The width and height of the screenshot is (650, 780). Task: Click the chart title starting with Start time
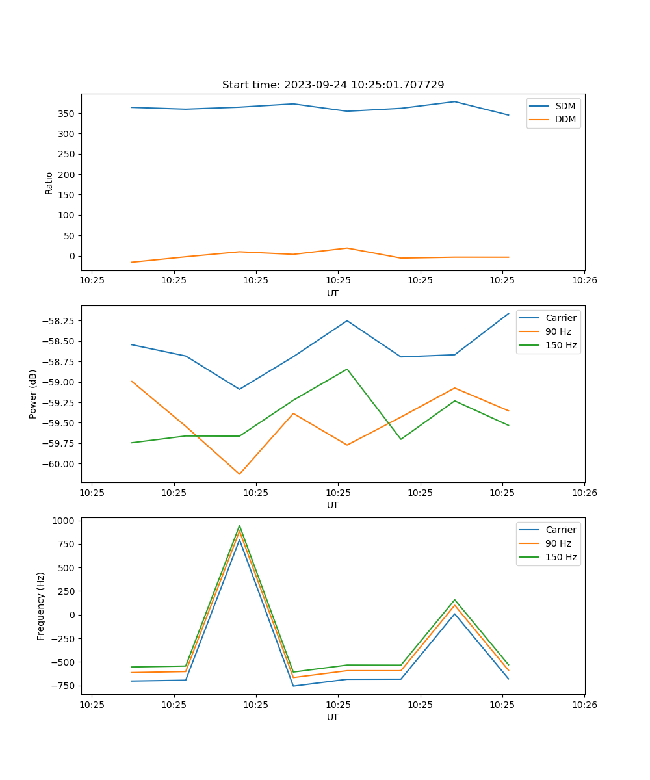(x=333, y=85)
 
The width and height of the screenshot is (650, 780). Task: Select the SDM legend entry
(x=565, y=106)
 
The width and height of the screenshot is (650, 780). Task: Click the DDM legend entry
(x=565, y=119)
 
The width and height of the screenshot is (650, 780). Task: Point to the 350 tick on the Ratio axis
(x=67, y=114)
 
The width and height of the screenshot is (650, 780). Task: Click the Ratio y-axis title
(x=49, y=183)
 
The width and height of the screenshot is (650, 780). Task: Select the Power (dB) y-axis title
(x=33, y=394)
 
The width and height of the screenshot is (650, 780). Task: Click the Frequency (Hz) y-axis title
(x=41, y=606)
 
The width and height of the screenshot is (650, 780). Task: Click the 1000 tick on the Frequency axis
(x=65, y=521)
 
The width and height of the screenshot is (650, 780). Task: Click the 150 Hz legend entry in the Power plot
(x=560, y=345)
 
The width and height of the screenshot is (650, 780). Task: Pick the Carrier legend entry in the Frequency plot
(x=560, y=530)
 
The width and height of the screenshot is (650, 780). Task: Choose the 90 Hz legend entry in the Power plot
(x=558, y=331)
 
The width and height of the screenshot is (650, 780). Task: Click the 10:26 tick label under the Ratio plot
(x=584, y=281)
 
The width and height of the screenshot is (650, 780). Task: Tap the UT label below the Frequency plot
(x=333, y=717)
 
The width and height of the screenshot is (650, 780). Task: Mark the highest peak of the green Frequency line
(x=239, y=526)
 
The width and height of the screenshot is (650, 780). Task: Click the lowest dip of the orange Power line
(x=239, y=474)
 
